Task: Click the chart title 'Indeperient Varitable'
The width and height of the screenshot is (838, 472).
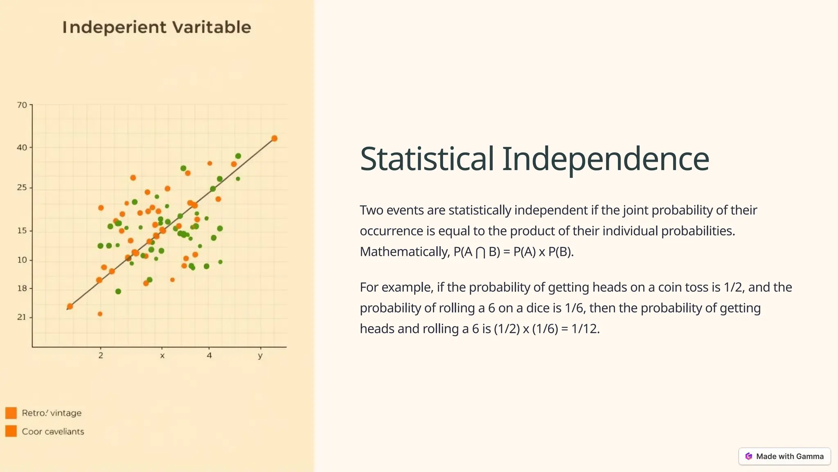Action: pos(157,27)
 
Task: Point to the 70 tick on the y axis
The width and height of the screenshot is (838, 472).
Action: pos(22,105)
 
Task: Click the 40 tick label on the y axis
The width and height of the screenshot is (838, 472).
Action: pos(22,147)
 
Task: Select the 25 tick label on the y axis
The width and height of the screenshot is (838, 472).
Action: pos(22,188)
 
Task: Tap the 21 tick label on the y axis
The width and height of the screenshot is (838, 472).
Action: pos(22,317)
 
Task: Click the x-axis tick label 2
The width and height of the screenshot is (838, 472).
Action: pos(101,355)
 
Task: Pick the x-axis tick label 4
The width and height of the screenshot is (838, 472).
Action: pos(209,355)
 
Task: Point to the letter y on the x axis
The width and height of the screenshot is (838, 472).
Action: pos(260,355)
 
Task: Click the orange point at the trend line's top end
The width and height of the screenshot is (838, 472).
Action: pos(275,138)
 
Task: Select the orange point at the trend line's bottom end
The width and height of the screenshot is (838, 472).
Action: pos(70,306)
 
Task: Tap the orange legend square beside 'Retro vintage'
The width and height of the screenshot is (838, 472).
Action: pos(11,413)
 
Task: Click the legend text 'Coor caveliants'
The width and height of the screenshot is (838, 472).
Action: pos(53,431)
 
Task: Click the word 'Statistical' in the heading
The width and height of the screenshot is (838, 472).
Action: pos(427,159)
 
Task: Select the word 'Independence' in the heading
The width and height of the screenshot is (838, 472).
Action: pos(606,159)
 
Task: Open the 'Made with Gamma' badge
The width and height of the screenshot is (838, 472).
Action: pos(784,456)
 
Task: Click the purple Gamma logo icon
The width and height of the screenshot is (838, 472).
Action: pos(749,456)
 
